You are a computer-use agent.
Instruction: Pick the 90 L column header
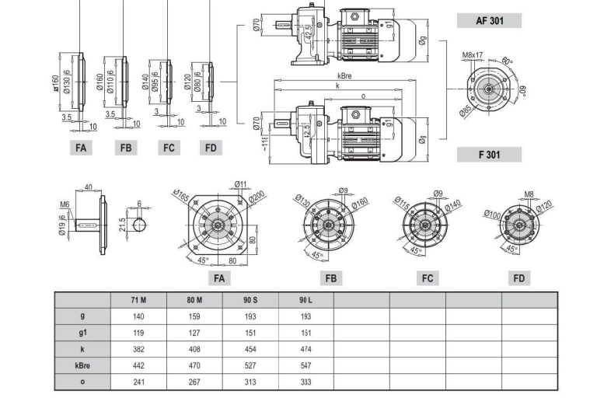[x=305, y=300]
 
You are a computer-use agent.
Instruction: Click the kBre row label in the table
[x=82, y=365]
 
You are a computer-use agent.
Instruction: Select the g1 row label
[x=82, y=333]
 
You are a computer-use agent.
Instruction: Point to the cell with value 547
[x=305, y=365]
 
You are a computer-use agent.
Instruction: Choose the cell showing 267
[x=194, y=382]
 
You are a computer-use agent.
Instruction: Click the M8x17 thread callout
[x=473, y=56]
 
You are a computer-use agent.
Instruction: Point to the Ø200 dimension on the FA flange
[x=257, y=194]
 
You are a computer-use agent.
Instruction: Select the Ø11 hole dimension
[x=240, y=184]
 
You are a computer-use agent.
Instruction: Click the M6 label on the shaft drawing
[x=65, y=205]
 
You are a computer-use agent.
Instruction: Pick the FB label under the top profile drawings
[x=126, y=148]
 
